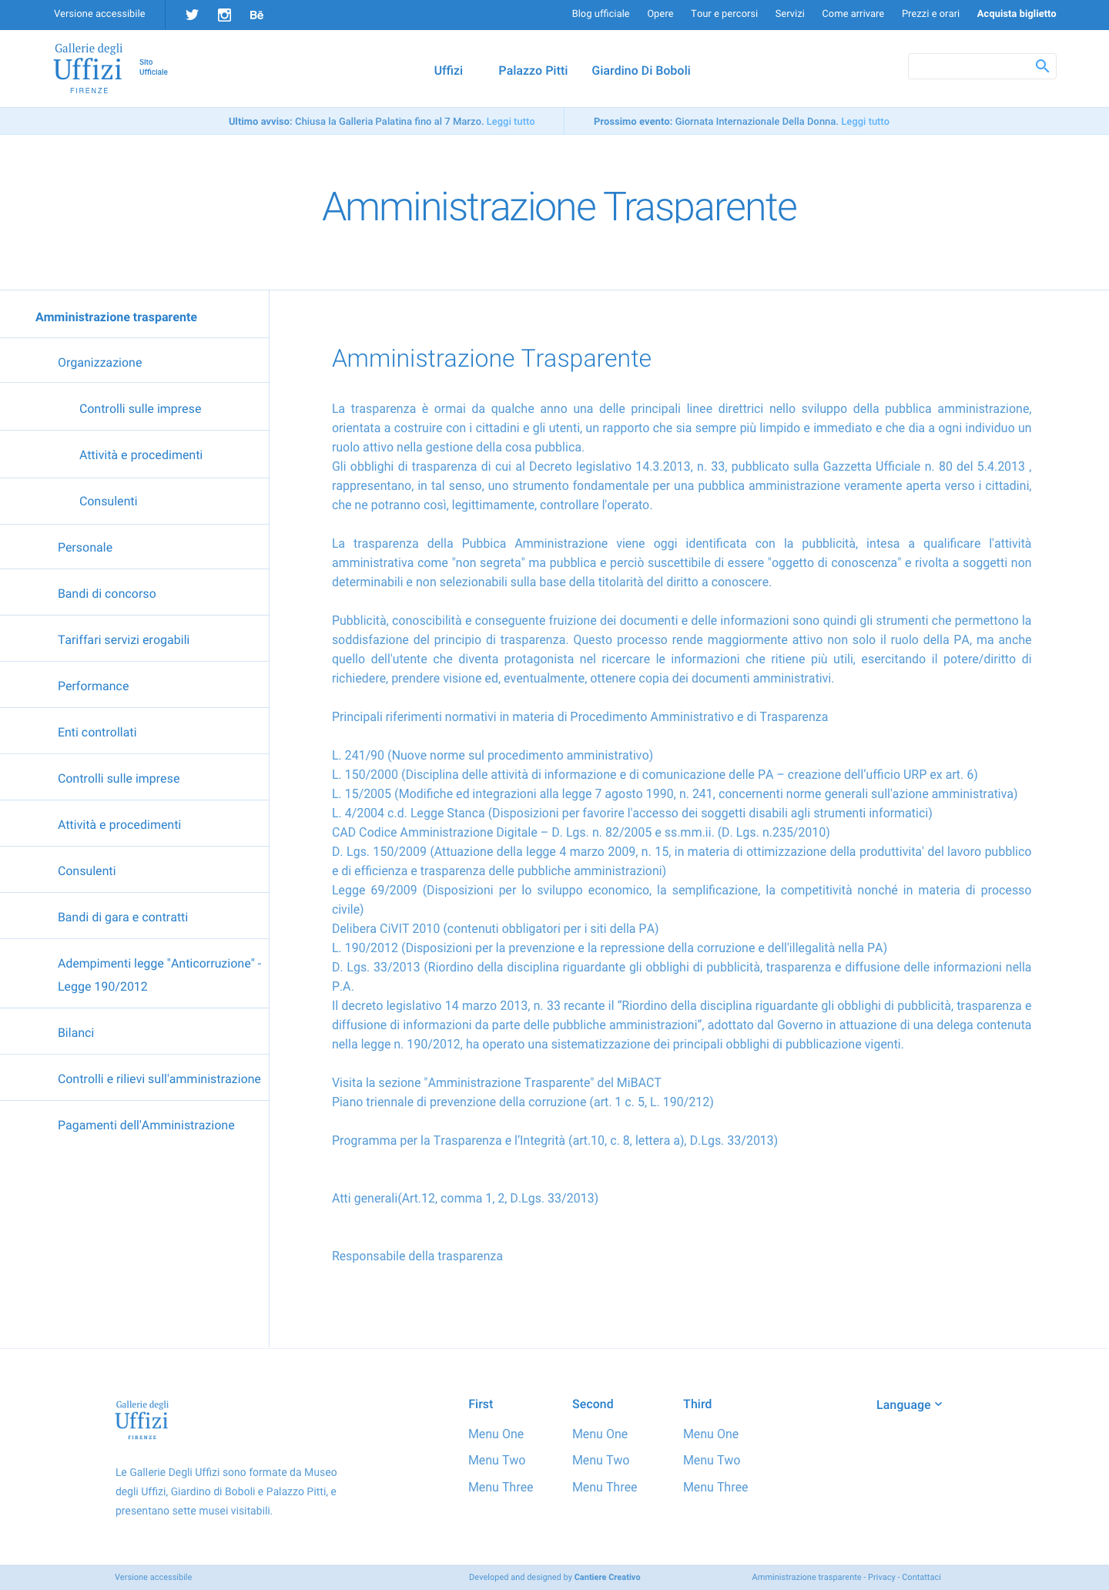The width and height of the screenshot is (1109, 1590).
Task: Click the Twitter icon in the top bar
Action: coord(192,15)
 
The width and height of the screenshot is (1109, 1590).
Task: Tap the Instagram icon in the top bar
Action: coord(224,15)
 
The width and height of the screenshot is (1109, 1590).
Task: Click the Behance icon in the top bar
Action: coord(256,15)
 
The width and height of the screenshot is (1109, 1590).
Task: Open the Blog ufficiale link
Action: coord(600,14)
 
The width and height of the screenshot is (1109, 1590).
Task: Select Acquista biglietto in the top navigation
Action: coord(1016,14)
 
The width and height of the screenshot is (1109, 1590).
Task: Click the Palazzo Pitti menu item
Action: coord(533,70)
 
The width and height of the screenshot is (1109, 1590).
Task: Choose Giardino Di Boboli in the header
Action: coord(641,70)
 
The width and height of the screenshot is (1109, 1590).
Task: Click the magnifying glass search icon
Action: coord(1042,66)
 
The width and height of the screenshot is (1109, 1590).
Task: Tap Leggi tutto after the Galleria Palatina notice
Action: coord(511,122)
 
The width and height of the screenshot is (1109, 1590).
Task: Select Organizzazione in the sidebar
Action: coord(99,363)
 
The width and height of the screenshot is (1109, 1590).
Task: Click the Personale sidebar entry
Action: coord(85,548)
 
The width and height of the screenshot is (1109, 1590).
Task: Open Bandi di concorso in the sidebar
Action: coord(106,594)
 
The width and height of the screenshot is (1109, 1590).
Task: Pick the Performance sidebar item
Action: coord(93,686)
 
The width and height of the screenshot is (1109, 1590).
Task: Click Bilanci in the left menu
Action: coord(75,1033)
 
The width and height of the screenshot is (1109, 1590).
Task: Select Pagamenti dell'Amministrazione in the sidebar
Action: coord(146,1125)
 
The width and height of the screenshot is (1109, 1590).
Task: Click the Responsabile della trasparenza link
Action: coord(417,1256)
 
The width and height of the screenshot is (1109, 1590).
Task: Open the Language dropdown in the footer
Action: coord(909,1405)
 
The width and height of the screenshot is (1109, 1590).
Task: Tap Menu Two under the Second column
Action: coord(600,1461)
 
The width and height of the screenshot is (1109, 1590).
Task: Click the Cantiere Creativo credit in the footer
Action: coord(607,1577)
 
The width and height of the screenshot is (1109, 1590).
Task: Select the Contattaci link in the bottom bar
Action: coord(921,1577)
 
